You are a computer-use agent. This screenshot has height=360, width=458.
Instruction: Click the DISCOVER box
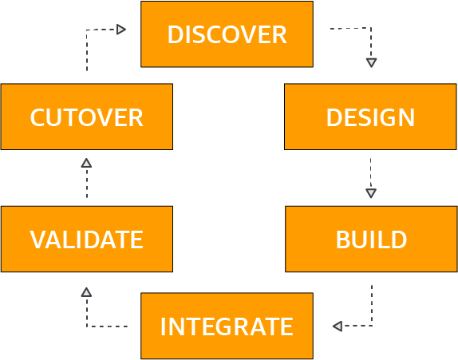point(227,34)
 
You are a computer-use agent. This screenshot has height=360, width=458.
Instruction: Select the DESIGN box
point(370,117)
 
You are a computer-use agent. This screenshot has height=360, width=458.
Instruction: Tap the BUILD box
point(371,239)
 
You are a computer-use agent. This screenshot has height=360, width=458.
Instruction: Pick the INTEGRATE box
point(227,326)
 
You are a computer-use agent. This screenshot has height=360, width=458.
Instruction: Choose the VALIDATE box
point(87,239)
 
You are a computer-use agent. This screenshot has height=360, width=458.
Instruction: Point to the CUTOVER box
point(87,117)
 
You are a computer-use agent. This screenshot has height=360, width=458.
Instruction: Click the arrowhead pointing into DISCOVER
point(121,30)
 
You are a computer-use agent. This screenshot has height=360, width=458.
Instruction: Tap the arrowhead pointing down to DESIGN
point(371,62)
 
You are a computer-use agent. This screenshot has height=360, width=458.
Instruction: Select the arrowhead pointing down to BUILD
point(371,193)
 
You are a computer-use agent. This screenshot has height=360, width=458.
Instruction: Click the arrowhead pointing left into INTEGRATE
point(338,326)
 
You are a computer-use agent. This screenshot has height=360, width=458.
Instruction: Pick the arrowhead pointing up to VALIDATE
point(86,292)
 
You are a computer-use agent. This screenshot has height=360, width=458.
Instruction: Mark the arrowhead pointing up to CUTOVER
point(86,163)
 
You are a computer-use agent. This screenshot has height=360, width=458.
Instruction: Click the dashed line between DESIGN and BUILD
point(371,173)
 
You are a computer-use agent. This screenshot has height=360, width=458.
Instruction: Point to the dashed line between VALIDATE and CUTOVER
point(87,183)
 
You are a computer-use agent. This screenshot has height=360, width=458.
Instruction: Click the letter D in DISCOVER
point(176,34)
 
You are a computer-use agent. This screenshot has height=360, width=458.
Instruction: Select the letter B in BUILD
point(343,239)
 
